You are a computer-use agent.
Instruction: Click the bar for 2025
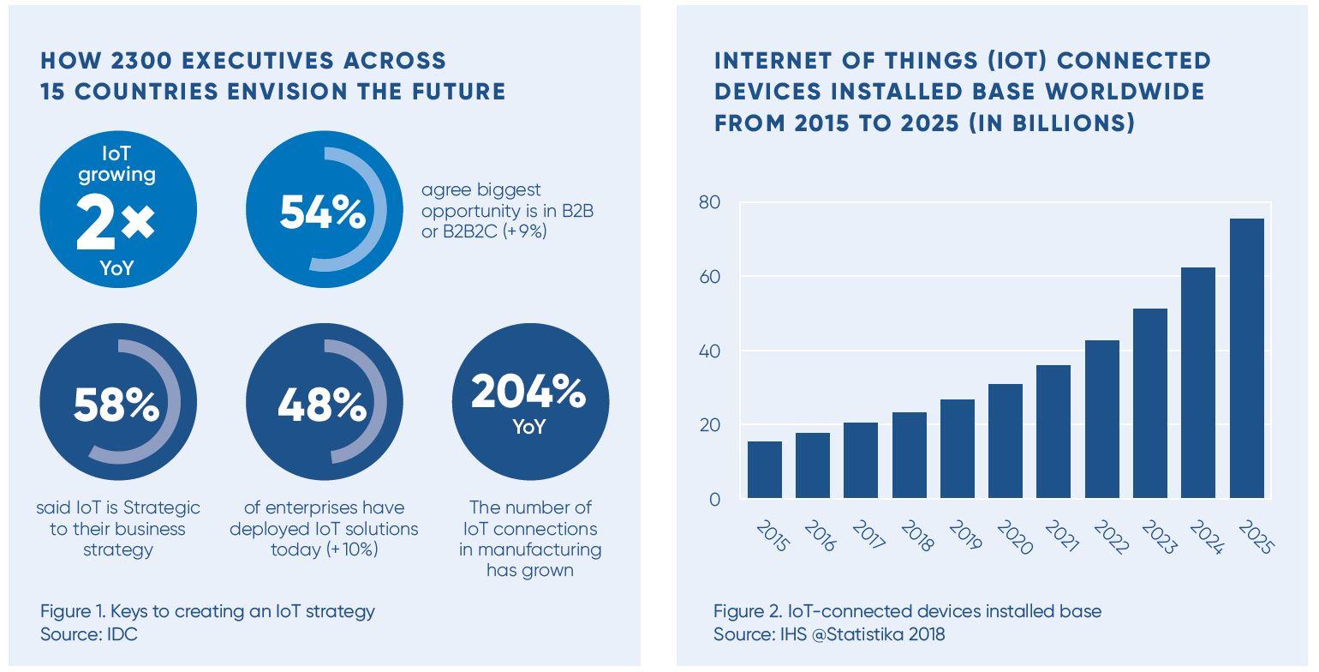coord(1246,358)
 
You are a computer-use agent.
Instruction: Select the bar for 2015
coord(764,470)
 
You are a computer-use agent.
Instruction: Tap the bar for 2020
coord(1005,441)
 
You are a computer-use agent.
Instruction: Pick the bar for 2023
coord(1149,403)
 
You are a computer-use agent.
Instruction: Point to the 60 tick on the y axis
coord(710,277)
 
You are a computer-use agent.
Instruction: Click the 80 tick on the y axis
coord(710,202)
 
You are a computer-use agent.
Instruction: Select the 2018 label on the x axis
coord(916,537)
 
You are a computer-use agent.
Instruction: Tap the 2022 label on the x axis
coord(1108,537)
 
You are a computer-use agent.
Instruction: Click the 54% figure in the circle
coord(322,212)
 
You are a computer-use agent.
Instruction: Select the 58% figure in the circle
coord(116,404)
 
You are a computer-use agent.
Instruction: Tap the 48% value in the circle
coord(321,404)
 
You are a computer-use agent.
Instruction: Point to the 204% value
coord(528,392)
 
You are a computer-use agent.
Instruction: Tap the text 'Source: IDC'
coord(88,634)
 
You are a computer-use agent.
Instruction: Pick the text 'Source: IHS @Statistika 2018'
coord(829,634)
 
